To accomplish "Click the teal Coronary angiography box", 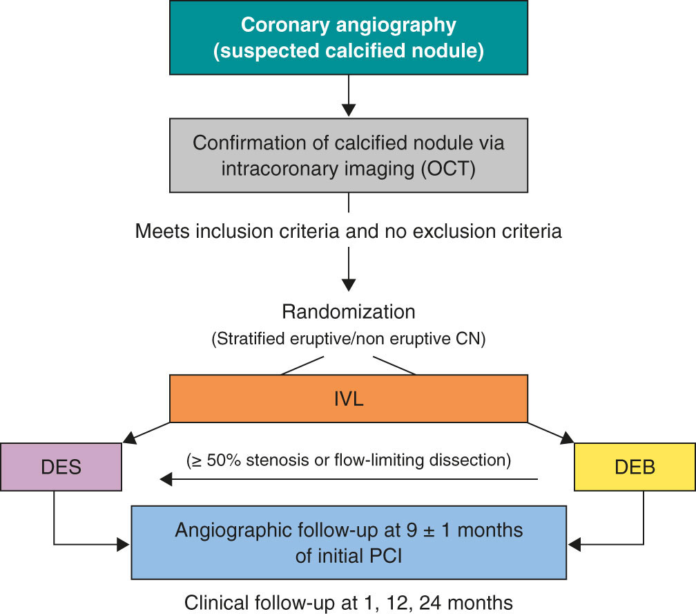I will (x=349, y=37).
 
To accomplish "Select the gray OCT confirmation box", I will (x=349, y=155).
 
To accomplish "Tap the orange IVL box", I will (x=349, y=398).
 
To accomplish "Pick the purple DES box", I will (x=61, y=467).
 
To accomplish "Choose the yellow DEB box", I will (x=634, y=467).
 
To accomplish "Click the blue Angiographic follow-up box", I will (x=349, y=542).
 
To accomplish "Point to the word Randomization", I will (x=349, y=312).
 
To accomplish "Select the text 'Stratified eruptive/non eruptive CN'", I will (x=349, y=339).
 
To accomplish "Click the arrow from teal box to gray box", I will (x=349, y=93).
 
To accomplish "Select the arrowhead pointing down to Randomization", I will (x=349, y=284).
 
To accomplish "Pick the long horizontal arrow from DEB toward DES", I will (x=349, y=478).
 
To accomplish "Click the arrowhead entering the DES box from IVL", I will (x=130, y=439).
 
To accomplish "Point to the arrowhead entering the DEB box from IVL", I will (x=568, y=439).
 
